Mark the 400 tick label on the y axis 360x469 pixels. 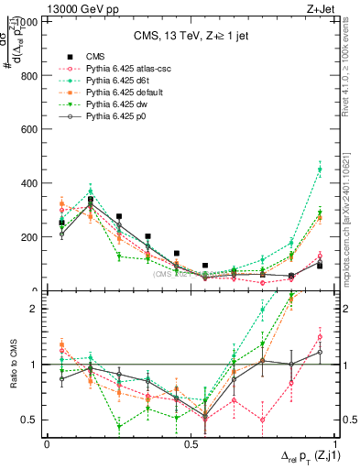coord(31,183)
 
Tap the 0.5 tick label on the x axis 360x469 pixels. coord(190,443)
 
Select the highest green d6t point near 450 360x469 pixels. coord(320,169)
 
